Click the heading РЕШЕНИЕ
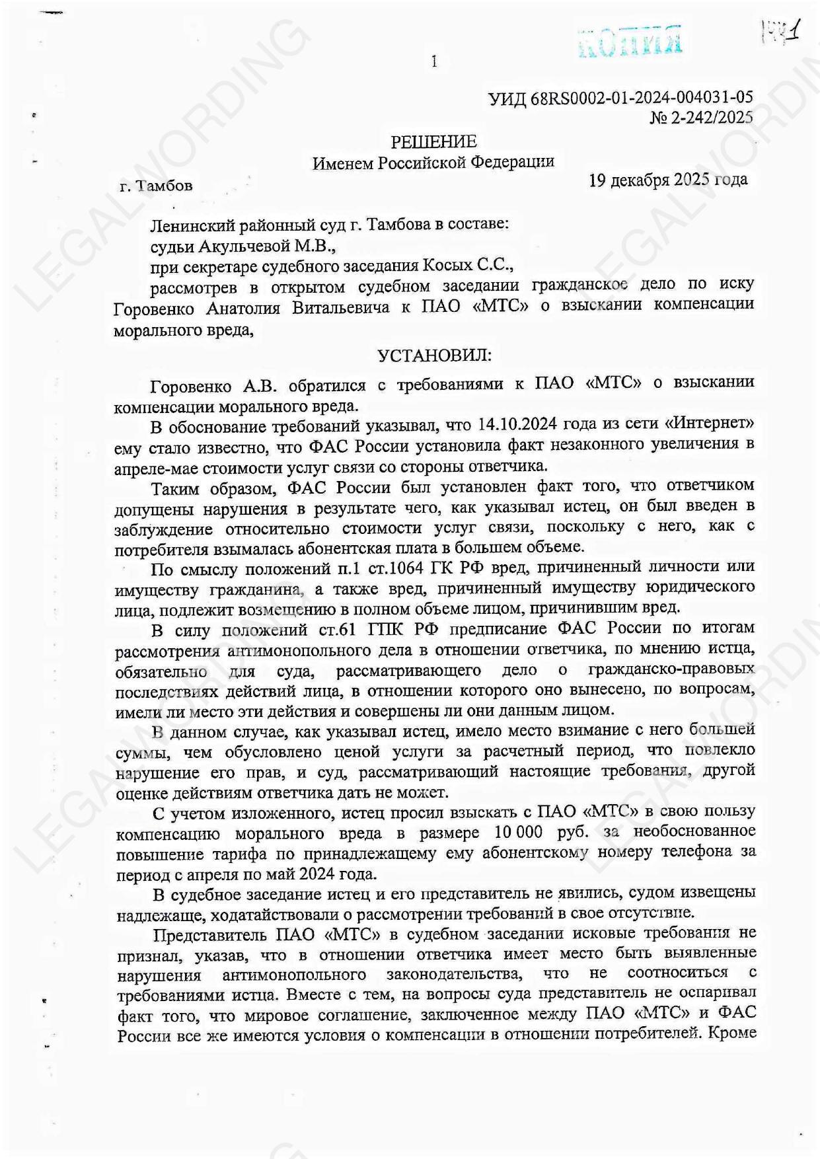433,142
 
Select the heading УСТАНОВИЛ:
434,356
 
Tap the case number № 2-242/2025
702,118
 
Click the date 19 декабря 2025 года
668,180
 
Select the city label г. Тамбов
157,186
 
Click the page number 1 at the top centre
433,62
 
